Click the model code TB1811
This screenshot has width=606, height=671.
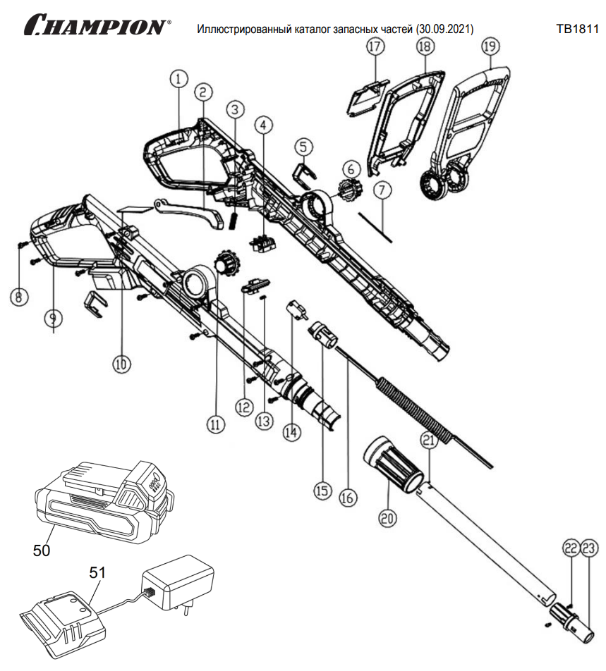click(577, 30)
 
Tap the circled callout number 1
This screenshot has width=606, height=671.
click(178, 79)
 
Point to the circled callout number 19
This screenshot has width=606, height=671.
click(490, 47)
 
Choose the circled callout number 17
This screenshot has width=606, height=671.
click(375, 47)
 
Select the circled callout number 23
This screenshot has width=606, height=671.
click(589, 546)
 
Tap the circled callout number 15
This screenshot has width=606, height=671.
click(322, 490)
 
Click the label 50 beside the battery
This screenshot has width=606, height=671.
click(42, 550)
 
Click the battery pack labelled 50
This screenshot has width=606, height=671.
click(106, 500)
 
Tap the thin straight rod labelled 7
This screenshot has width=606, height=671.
click(374, 226)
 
